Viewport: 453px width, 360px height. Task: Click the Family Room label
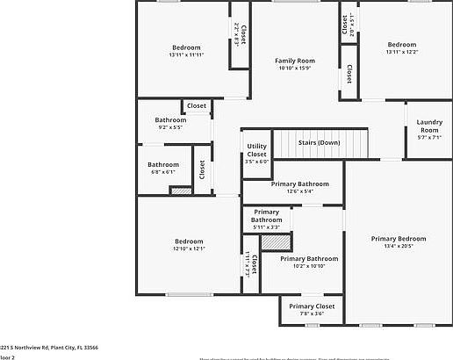(295, 61)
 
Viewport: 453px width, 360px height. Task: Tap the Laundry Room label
(428, 126)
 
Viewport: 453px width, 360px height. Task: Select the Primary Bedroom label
(398, 238)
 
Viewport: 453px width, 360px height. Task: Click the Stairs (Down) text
(320, 142)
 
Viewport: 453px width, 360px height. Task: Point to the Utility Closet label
(256, 150)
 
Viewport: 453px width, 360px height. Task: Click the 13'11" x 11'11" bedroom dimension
(185, 54)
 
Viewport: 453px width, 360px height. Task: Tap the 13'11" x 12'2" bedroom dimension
(401, 52)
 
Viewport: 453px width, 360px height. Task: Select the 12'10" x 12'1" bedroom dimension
(188, 249)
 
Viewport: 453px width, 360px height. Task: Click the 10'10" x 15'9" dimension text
(295, 68)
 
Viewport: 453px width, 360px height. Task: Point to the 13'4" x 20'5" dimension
(398, 247)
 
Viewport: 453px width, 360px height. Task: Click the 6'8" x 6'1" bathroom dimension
(163, 172)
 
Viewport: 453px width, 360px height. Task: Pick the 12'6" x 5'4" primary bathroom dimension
(299, 191)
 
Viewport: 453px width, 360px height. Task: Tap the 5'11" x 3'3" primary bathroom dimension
(266, 227)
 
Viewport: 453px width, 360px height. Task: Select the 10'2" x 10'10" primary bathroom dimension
(308, 267)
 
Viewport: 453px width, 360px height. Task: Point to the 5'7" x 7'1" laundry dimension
(428, 137)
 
